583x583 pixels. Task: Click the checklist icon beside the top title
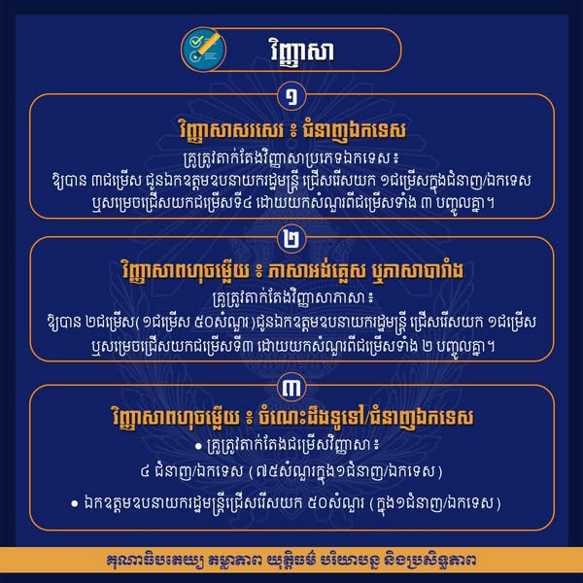(203, 50)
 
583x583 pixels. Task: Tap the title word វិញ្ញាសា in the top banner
(301, 51)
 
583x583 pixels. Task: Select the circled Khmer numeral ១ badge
(291, 96)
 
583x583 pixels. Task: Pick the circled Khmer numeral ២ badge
(291, 239)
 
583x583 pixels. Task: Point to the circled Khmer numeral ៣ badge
(291, 388)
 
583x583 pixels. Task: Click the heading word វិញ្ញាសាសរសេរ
(230, 130)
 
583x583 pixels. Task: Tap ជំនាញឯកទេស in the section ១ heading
(354, 131)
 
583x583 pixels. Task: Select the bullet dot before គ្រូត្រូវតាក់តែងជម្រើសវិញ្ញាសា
(198, 446)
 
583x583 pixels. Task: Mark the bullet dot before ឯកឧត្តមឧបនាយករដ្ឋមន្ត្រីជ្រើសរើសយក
(75, 503)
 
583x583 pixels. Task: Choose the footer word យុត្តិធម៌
(292, 560)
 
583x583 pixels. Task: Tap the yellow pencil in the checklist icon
(209, 43)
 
